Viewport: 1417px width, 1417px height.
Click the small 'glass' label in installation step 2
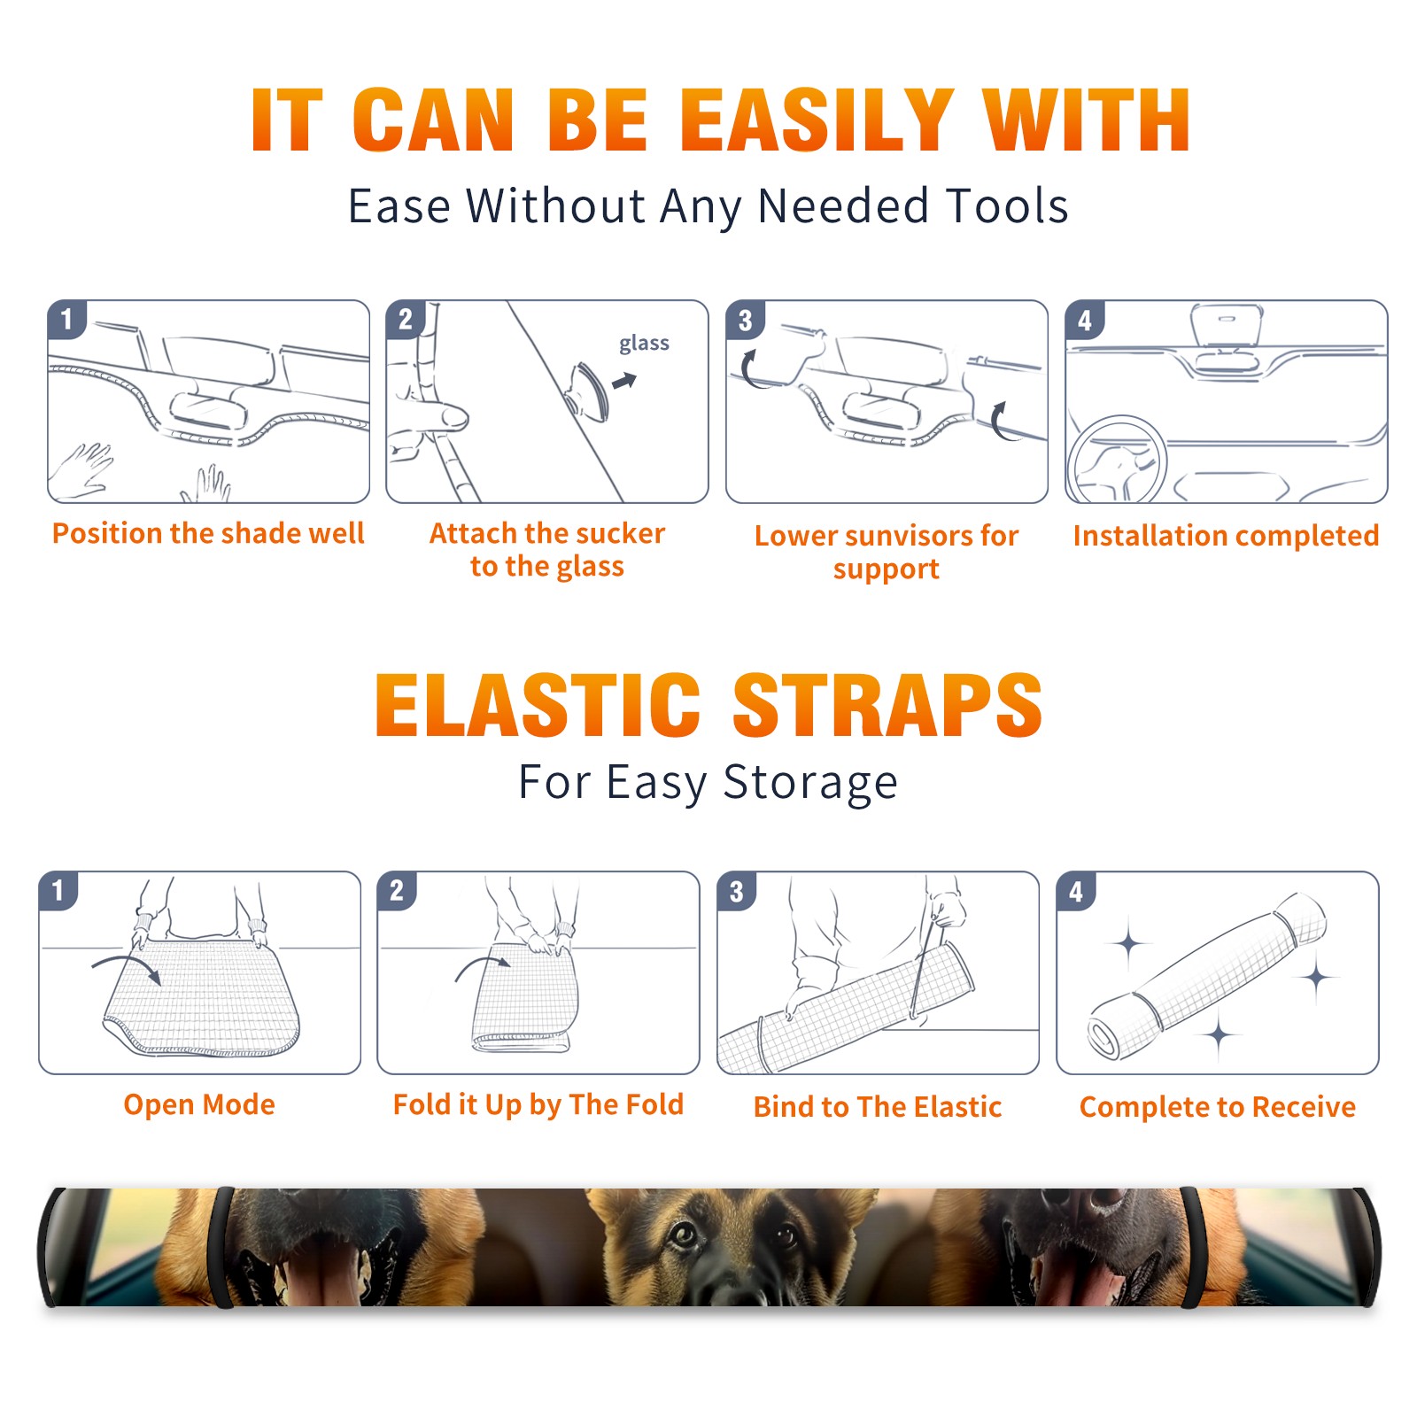pyautogui.click(x=644, y=344)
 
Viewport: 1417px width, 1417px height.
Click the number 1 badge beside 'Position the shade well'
pyautogui.click(x=67, y=318)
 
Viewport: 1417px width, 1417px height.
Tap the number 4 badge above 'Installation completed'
pyautogui.click(x=1085, y=320)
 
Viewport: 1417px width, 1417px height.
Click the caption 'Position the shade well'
pyautogui.click(x=208, y=533)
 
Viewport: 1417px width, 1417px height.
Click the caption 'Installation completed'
pyautogui.click(x=1226, y=536)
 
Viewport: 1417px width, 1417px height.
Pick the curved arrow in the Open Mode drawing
pyautogui.click(x=127, y=967)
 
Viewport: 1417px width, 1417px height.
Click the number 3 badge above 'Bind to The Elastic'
pyautogui.click(x=736, y=891)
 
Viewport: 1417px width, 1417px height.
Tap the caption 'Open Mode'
pyautogui.click(x=199, y=1104)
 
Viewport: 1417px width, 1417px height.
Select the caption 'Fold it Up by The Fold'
pyautogui.click(x=538, y=1104)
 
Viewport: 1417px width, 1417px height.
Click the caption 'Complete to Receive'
pyautogui.click(x=1218, y=1107)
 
